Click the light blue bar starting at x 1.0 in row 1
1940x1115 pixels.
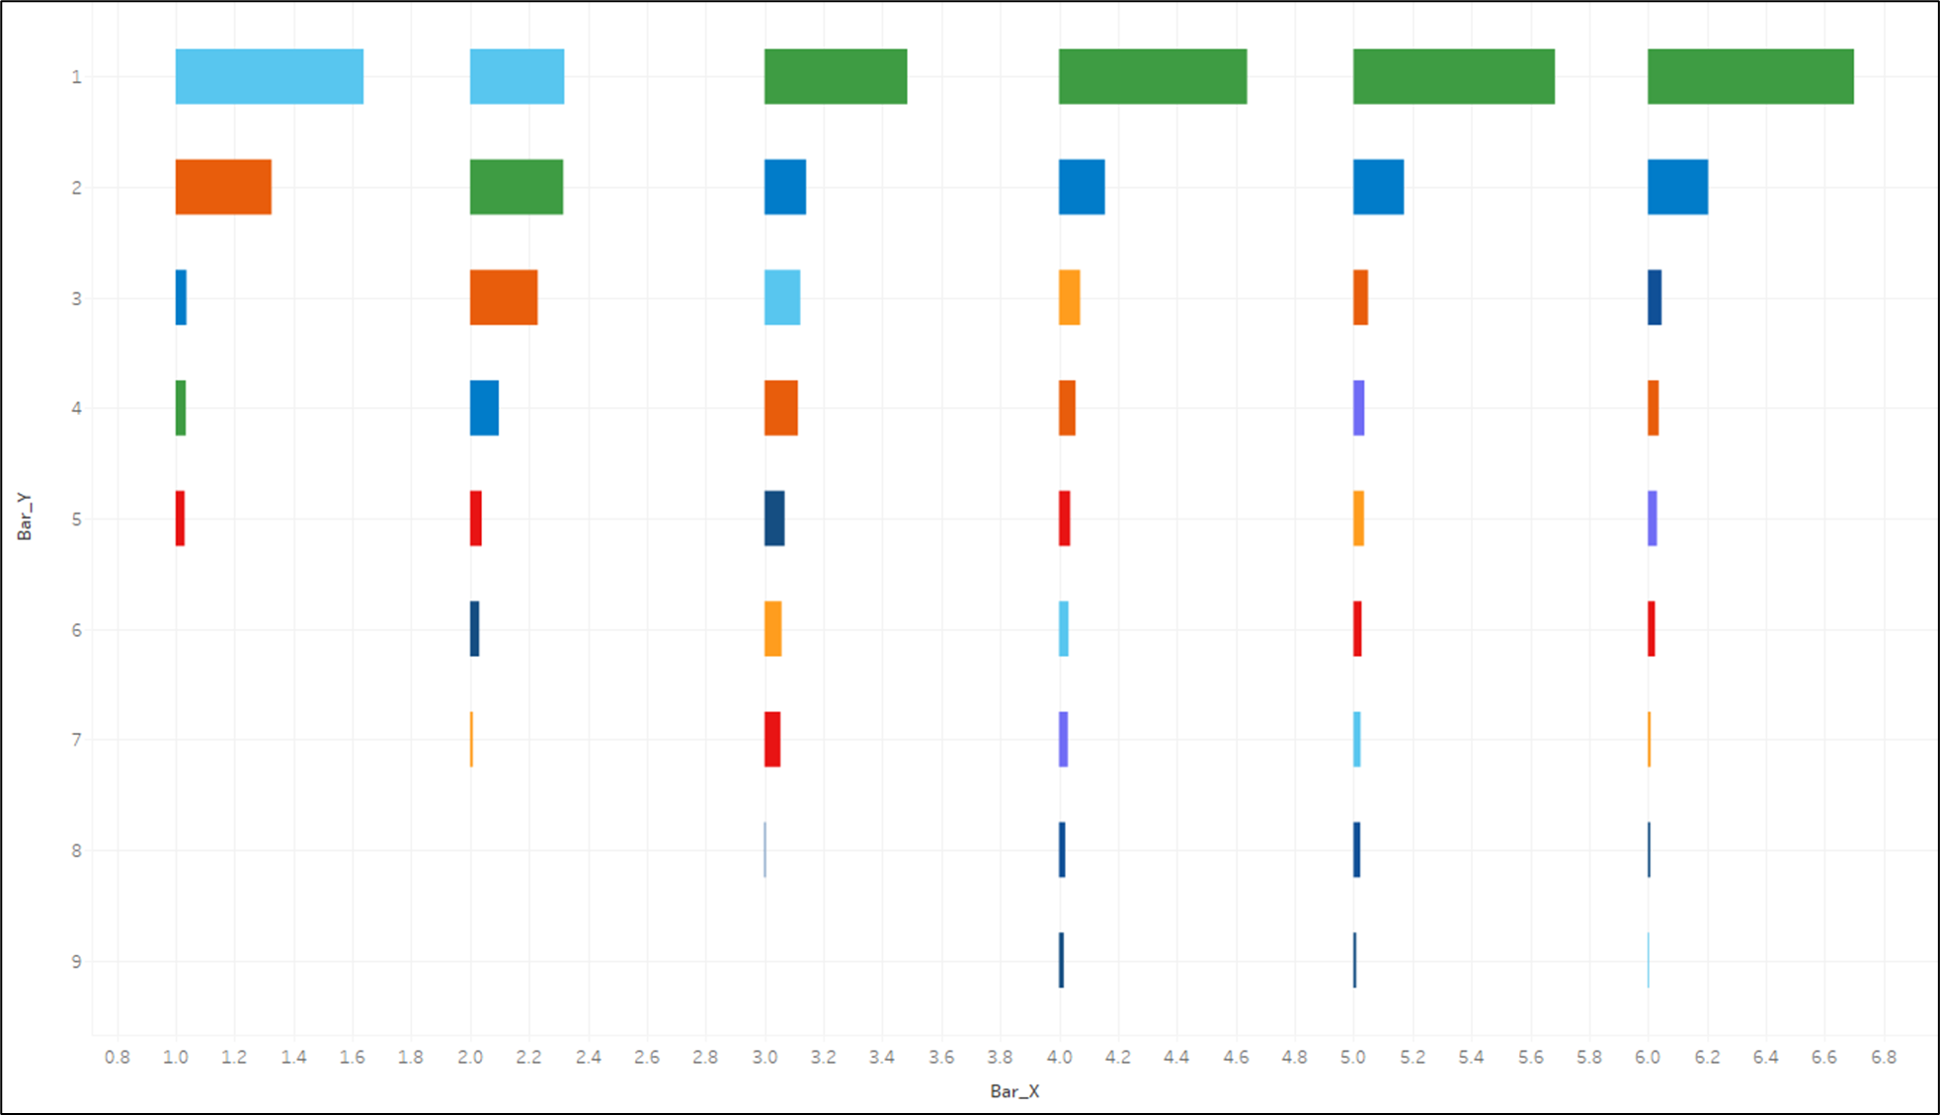[269, 76]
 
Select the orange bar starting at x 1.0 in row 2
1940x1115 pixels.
[223, 187]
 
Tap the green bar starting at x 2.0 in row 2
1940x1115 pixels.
[516, 187]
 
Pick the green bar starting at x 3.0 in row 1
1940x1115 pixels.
[835, 76]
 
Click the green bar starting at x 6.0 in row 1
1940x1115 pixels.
[1749, 76]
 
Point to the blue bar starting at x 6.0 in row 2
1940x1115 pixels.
[1677, 187]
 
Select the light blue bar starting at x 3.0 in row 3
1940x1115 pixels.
[781, 297]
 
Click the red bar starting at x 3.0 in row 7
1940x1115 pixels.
[771, 739]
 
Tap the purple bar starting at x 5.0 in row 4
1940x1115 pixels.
[1358, 408]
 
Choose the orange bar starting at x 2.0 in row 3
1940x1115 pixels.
[503, 297]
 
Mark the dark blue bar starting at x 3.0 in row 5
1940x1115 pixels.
[773, 518]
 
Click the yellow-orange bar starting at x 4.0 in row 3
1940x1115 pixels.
[1069, 297]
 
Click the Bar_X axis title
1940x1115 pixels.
[1014, 1091]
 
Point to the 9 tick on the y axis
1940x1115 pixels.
[77, 961]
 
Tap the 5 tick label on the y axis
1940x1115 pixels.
[77, 518]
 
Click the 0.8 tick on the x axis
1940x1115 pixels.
[117, 1057]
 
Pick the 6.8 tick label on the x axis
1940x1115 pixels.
[1883, 1057]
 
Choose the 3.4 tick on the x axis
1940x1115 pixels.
[881, 1057]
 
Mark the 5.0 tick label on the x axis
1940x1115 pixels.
[1353, 1057]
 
